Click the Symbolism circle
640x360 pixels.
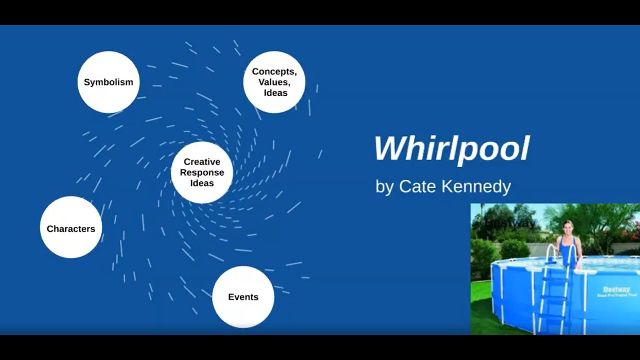pyautogui.click(x=108, y=82)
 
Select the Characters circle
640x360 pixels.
pyautogui.click(x=71, y=227)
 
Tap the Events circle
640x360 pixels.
pyautogui.click(x=243, y=297)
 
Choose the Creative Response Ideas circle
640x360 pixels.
pyautogui.click(x=202, y=172)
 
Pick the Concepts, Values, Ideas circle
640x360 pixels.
pyautogui.click(x=274, y=82)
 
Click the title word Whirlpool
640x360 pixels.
pyautogui.click(x=452, y=149)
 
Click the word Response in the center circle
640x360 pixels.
pyautogui.click(x=202, y=172)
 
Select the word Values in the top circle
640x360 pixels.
pyautogui.click(x=274, y=82)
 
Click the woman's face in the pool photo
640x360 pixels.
pyautogui.click(x=567, y=227)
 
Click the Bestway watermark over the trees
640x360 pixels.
pyautogui.click(x=510, y=223)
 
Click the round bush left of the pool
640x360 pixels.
pyautogui.click(x=515, y=249)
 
